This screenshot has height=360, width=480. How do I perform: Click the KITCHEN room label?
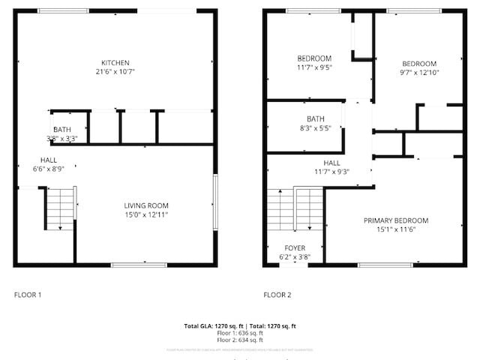point(115,62)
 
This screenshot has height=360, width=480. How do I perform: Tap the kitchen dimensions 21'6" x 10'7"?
point(115,72)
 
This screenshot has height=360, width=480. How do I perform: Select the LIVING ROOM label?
point(146,205)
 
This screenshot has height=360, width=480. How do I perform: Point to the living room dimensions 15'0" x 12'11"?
point(146,215)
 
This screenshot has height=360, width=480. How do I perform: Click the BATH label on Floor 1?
point(62,130)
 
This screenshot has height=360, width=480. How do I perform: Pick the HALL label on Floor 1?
point(49,160)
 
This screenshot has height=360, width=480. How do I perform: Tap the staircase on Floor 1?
point(61,208)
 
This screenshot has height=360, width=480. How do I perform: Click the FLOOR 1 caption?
point(28,295)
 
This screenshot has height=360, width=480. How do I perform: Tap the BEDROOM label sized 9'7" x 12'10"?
point(418,64)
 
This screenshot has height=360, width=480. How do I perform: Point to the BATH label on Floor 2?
point(315,119)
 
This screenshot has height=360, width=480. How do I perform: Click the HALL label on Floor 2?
point(331,163)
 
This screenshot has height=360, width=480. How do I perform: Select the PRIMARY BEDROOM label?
point(395,220)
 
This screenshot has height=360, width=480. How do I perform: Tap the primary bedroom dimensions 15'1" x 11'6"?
point(395,229)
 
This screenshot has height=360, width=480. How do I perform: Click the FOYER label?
point(295,247)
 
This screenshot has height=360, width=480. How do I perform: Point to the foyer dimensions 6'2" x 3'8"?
point(295,257)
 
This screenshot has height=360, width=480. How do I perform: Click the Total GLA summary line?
point(240,326)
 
